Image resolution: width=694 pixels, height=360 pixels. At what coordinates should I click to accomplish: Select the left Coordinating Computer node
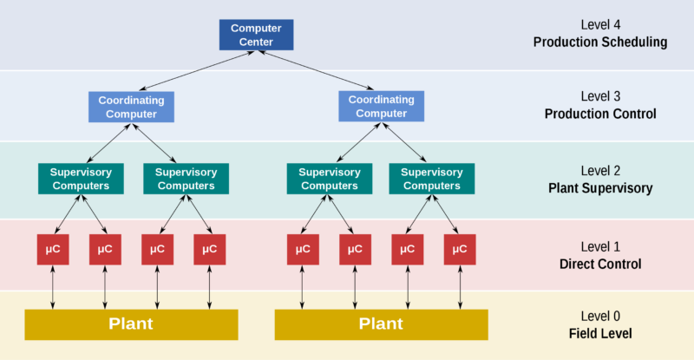[x=131, y=107]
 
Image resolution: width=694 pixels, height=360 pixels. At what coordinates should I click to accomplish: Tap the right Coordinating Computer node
[x=382, y=107]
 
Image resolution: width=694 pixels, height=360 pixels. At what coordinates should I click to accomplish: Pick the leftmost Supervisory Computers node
[x=81, y=179]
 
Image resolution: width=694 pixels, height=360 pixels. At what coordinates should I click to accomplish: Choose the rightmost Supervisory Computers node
[x=431, y=179]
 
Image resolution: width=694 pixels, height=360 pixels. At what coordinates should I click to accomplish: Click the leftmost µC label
[x=54, y=249]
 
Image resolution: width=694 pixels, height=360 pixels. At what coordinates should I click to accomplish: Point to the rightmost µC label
[x=459, y=249]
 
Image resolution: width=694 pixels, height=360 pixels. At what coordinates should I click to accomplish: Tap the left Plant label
[x=130, y=324]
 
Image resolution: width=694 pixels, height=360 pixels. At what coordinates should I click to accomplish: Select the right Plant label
[x=381, y=324]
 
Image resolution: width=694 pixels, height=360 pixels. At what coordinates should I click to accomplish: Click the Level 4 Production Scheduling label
[x=599, y=34]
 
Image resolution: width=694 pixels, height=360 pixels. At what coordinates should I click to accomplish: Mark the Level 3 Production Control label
[x=599, y=105]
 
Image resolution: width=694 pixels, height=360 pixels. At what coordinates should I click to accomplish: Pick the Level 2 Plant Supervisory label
[x=599, y=180]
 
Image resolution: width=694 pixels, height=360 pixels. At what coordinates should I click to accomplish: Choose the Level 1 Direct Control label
[x=599, y=255]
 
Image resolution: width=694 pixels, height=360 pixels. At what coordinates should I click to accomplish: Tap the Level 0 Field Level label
[x=599, y=324]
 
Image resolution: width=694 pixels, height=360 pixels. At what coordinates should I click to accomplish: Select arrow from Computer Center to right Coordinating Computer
[x=316, y=70]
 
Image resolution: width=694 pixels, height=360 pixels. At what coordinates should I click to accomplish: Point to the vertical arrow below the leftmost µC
[x=53, y=286]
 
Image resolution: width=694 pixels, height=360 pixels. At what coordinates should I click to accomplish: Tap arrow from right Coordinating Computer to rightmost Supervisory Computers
[x=406, y=142]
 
